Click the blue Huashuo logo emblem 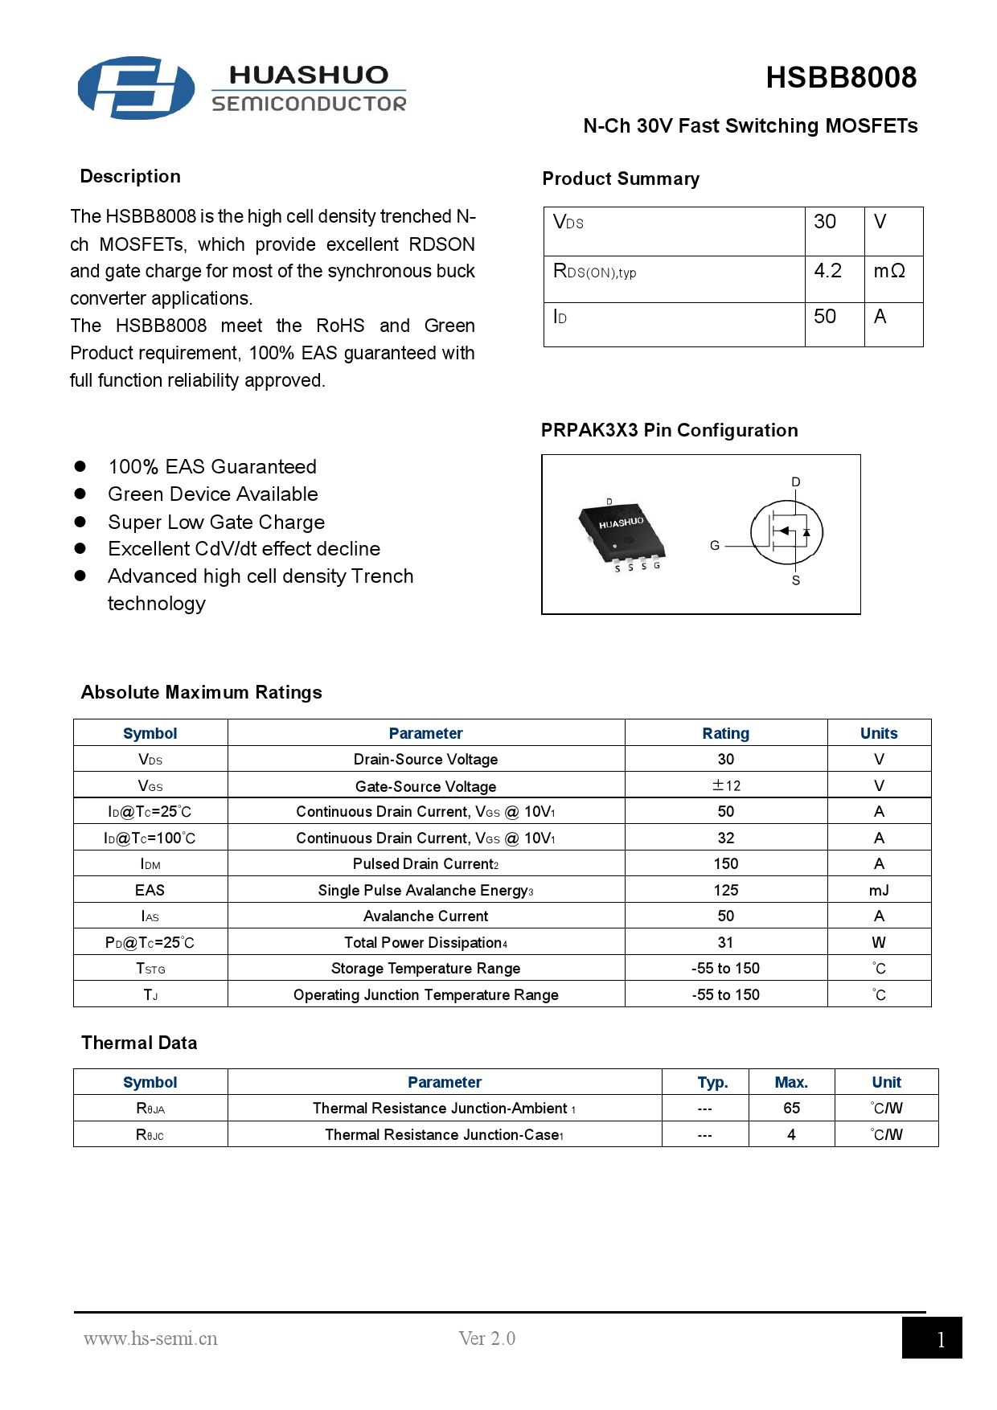point(136,88)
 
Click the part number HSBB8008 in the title point(840,78)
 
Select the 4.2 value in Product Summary point(827,271)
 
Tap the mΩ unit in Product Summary point(889,271)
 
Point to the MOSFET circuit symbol point(786,531)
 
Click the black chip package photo point(622,530)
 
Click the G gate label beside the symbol point(715,545)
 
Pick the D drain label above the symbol point(796,482)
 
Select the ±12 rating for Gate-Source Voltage point(726,785)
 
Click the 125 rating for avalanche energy point(726,890)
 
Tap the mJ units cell point(879,890)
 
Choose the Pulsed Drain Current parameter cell point(425,864)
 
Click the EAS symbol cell point(150,890)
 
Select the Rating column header point(726,733)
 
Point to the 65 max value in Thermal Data point(791,1108)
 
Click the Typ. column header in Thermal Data point(712,1082)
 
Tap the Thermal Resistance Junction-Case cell point(444,1134)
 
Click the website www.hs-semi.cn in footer point(150,1338)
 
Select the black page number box point(931,1338)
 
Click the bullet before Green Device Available point(80,494)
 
